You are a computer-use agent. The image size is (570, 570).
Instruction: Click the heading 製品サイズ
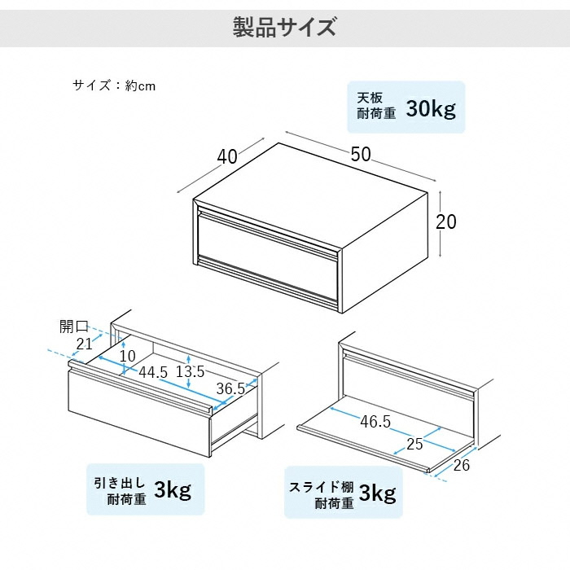click(x=284, y=28)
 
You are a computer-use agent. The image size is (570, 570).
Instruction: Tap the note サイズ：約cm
click(x=114, y=85)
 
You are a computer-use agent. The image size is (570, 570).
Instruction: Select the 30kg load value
click(x=431, y=108)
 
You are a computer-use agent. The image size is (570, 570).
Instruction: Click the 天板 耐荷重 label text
click(x=376, y=106)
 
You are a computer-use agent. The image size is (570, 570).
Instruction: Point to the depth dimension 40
click(x=227, y=156)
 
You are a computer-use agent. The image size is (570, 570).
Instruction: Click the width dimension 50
click(x=361, y=154)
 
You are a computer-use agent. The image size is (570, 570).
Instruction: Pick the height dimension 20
click(x=446, y=221)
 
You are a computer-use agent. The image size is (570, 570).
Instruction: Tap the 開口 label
click(x=74, y=327)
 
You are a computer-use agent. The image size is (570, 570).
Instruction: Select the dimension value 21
click(x=84, y=344)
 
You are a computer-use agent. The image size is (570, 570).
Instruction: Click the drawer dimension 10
click(x=128, y=356)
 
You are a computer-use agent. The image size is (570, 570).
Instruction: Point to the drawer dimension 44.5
click(x=153, y=372)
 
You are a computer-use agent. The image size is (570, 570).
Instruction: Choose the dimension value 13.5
click(x=190, y=371)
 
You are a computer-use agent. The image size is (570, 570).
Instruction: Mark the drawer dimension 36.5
click(x=230, y=388)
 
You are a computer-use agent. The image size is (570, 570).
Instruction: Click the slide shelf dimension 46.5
click(x=375, y=422)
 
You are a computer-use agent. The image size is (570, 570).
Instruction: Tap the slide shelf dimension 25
click(x=414, y=444)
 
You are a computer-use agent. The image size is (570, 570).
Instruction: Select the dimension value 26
click(x=462, y=465)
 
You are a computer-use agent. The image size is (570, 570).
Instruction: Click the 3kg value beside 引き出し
click(x=173, y=489)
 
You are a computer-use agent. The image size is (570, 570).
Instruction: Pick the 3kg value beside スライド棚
click(x=378, y=493)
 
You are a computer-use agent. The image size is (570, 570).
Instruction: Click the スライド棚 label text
click(x=322, y=487)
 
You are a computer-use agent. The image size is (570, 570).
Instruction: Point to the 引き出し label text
click(x=120, y=483)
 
